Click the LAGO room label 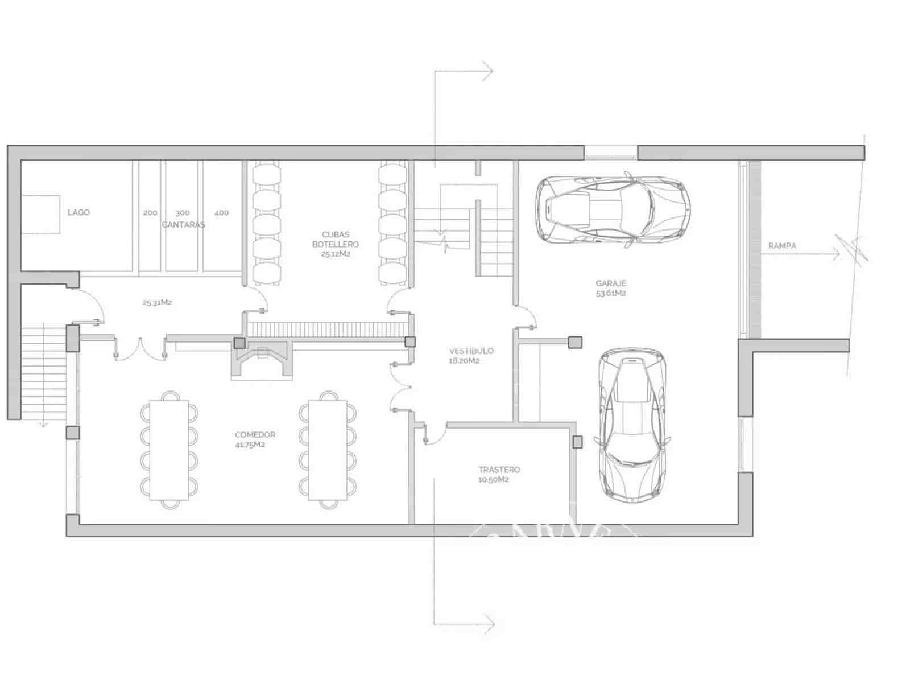78,212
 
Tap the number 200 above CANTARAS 150,213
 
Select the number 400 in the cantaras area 222,213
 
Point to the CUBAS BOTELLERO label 336,240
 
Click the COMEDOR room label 255,435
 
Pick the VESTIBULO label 471,351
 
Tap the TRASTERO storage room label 499,470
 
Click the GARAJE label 611,283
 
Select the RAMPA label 782,246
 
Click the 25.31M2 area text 157,303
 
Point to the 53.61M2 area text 611,294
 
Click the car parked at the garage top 613,209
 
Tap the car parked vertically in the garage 631,425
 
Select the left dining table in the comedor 169,450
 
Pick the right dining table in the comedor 328,450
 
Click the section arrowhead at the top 488,72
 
